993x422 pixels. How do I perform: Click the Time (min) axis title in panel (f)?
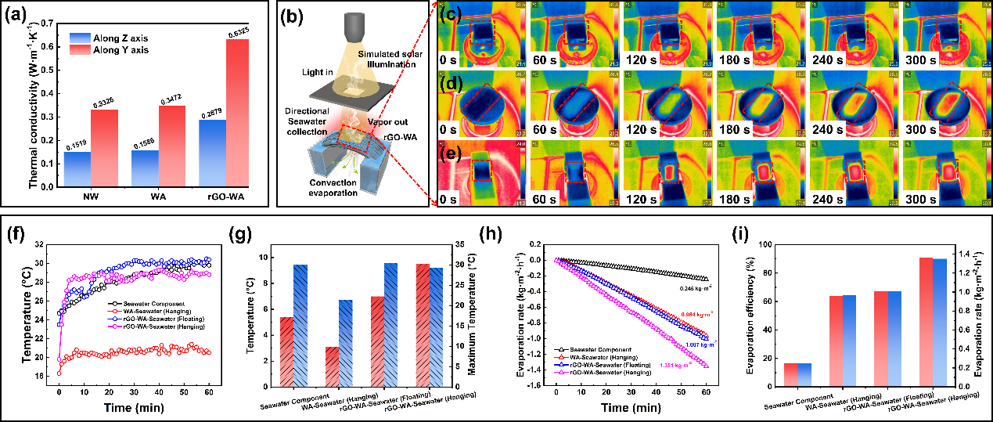[x=129, y=409]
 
